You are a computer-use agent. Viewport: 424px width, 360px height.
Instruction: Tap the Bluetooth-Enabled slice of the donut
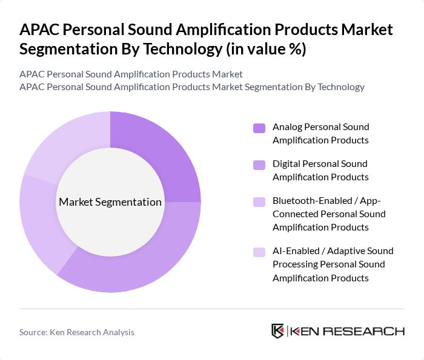[40, 224]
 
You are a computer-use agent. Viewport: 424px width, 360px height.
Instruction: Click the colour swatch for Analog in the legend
[259, 128]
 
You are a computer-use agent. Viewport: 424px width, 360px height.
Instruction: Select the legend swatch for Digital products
[259, 164]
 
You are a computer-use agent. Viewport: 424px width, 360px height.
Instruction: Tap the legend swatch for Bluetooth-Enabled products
[259, 201]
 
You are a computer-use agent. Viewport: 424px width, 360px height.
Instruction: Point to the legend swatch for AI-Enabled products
[259, 251]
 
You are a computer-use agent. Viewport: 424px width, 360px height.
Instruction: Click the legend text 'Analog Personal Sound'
[320, 127]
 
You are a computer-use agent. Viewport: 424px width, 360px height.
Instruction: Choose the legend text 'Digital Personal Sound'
[320, 163]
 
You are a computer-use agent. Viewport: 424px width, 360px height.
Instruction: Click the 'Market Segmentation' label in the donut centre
[110, 202]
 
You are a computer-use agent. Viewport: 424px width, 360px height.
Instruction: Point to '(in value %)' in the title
[266, 49]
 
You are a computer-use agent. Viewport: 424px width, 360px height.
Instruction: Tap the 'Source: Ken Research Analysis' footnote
[77, 332]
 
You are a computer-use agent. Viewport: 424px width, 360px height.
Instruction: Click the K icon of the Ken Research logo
[278, 331]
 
